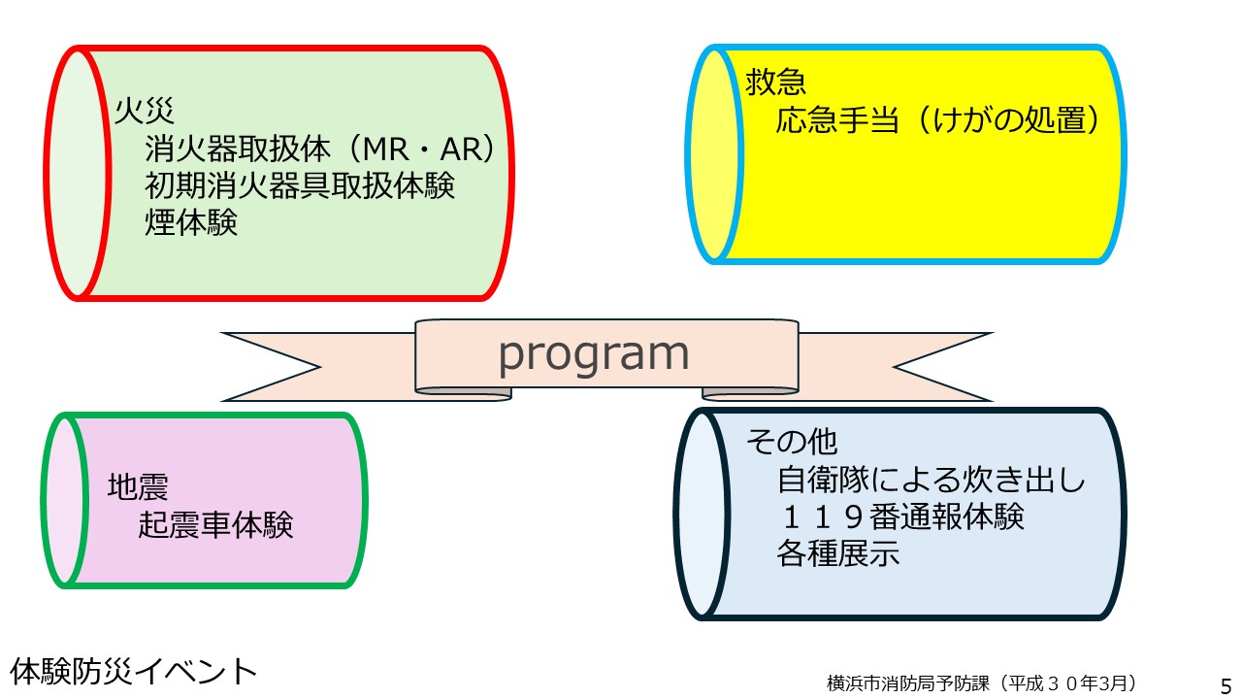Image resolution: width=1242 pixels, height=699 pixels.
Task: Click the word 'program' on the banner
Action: tap(594, 355)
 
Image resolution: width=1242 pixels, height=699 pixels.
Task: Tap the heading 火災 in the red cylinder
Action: tap(145, 111)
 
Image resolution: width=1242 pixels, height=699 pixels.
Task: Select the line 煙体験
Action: tap(191, 222)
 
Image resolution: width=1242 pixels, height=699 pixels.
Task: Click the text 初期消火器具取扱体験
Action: tap(300, 185)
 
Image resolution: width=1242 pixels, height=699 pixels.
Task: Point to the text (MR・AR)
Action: tap(420, 149)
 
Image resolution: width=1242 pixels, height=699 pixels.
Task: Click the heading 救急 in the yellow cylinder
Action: tap(775, 82)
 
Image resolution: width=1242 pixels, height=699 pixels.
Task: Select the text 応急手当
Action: tap(837, 119)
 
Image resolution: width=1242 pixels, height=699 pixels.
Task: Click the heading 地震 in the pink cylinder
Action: tap(138, 486)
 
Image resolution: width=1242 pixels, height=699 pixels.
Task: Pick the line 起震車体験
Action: tap(215, 524)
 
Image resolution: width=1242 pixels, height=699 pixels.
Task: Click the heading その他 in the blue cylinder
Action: tap(791, 442)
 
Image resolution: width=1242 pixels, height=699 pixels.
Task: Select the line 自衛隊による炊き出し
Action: tap(931, 480)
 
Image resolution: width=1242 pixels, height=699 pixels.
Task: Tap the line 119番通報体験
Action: tap(901, 516)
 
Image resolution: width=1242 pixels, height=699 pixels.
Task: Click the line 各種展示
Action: tap(837, 553)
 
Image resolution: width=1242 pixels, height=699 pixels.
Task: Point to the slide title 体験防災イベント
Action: tap(133, 671)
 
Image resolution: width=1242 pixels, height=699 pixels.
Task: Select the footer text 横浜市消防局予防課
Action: tap(907, 682)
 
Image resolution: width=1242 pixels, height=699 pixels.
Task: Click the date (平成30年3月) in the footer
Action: tap(1064, 682)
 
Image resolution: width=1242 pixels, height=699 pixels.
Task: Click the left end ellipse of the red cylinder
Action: tap(78, 173)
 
